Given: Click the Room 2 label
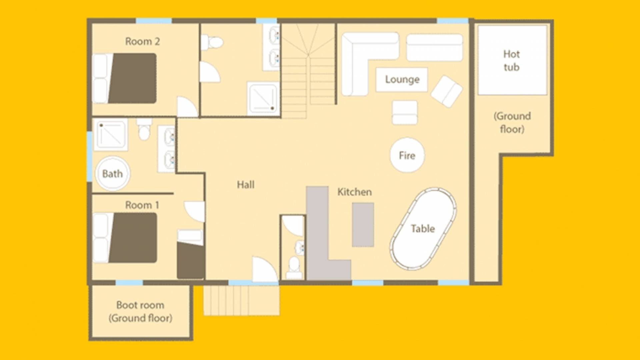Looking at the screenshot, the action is (142, 42).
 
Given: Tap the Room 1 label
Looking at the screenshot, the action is (142, 205).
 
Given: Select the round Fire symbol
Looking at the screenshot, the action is (407, 155).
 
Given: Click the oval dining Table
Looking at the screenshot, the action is (423, 229).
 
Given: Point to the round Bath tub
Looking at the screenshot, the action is (112, 174).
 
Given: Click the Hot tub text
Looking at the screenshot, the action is (511, 61).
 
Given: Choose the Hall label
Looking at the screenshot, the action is (246, 185).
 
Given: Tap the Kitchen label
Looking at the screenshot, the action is (354, 192).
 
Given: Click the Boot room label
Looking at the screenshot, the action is (140, 305).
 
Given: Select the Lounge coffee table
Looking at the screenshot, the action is (402, 80).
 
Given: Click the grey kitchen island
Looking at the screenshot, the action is (363, 225).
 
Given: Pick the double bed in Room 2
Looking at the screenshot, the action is (124, 78).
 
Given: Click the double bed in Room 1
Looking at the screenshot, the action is (125, 238).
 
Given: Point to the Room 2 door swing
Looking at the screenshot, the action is (187, 107).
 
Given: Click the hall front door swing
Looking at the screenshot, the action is (265, 269).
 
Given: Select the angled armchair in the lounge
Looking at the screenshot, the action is (447, 91).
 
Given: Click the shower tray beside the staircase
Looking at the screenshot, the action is (263, 98).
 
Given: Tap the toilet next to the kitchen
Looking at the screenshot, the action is (294, 268).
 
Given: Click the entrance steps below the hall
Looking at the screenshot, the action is (242, 300).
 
